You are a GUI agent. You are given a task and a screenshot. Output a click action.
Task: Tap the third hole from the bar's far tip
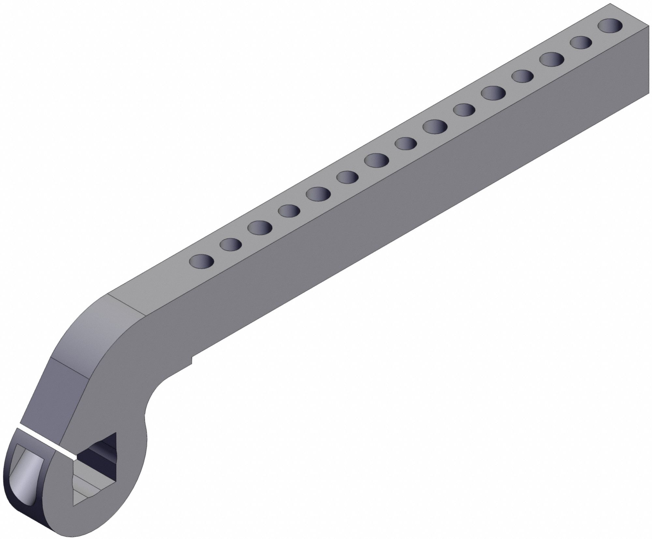(x=552, y=59)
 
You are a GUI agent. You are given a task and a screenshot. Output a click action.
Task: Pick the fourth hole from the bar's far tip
(x=523, y=76)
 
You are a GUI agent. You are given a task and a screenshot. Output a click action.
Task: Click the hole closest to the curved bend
(x=201, y=261)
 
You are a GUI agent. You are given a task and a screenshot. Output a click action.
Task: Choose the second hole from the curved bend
(x=231, y=244)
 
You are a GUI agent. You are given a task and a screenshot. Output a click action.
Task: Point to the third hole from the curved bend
(x=260, y=227)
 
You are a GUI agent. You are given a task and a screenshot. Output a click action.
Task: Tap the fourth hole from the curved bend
(x=289, y=211)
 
